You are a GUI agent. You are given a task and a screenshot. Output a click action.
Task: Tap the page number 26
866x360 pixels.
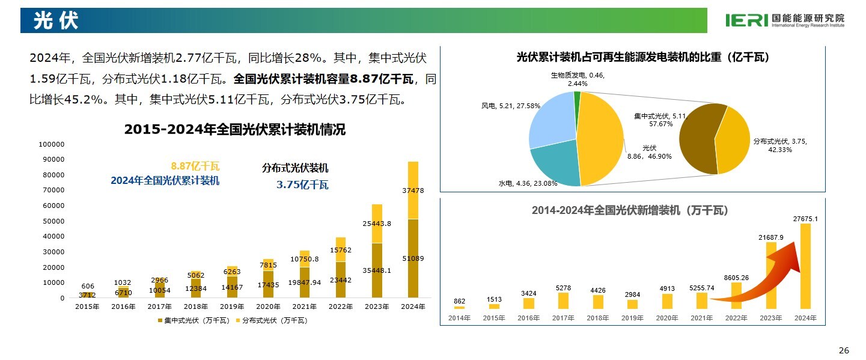844,350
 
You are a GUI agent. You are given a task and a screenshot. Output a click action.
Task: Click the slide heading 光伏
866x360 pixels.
55,21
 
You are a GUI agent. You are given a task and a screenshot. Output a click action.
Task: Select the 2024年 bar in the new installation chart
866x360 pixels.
805,266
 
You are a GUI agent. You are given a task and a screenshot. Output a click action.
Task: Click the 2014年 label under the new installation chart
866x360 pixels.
459,318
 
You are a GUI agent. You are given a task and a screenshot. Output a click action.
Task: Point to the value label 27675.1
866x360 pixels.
805,219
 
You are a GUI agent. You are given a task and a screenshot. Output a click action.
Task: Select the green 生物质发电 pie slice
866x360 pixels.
578,99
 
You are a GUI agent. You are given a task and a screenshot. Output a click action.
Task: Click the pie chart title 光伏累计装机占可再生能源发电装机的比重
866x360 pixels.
642,58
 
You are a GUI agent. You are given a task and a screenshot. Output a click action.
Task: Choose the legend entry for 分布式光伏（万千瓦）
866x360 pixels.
271,321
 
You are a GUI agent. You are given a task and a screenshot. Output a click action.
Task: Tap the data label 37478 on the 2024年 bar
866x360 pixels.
413,191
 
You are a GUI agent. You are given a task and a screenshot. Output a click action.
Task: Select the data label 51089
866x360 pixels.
413,258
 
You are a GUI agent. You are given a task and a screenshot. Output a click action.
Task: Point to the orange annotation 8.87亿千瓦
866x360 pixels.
195,166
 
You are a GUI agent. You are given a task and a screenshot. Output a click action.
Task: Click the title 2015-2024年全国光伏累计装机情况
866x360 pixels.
234,129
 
